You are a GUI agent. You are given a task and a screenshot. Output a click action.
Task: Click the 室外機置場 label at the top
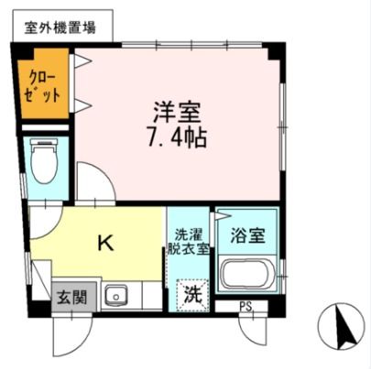point(60,27)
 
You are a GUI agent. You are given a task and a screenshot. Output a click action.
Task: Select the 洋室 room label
point(178,112)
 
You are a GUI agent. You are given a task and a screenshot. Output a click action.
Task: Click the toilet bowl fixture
point(45,161)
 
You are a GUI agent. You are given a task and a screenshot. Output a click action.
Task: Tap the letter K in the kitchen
point(105,244)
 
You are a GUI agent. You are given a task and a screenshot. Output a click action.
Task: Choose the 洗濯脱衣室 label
point(188,242)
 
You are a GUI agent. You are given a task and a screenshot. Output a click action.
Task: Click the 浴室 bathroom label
point(247,235)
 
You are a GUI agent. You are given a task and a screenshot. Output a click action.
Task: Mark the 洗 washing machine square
point(193,296)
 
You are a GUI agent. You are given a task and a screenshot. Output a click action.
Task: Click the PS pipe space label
point(246,307)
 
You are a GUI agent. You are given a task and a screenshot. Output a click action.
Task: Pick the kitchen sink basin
point(116,296)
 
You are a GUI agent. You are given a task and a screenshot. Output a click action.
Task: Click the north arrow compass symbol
point(341,326)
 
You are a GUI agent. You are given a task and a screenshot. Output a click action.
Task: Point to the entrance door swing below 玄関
point(72,337)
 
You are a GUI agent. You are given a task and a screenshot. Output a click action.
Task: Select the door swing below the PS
point(253,329)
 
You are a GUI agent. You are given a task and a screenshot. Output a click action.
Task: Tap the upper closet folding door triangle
point(82,60)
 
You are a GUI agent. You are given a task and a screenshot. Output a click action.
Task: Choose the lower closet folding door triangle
point(82,105)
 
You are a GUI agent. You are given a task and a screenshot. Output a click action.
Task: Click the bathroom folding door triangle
point(223,216)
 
